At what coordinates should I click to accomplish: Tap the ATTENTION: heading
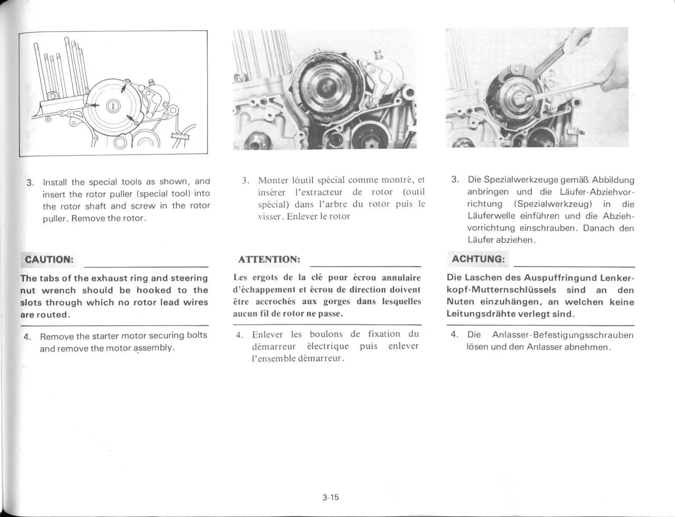click(269, 259)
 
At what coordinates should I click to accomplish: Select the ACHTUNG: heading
click(478, 259)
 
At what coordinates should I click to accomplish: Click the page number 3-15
click(331, 497)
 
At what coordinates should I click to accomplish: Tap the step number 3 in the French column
click(245, 181)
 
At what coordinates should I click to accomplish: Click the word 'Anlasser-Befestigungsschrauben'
click(563, 335)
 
